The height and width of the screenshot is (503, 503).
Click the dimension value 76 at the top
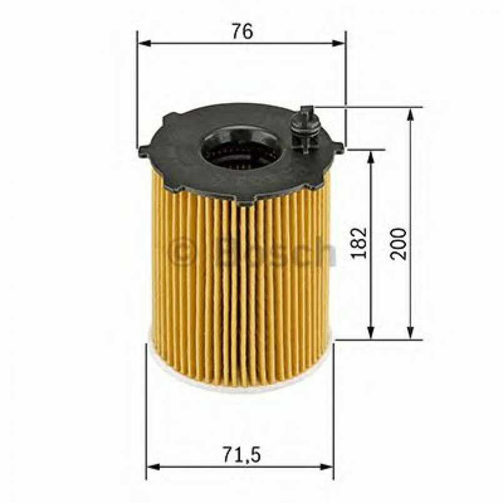241,32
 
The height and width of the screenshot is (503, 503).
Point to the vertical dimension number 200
401,244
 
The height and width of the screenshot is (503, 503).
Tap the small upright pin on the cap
305,128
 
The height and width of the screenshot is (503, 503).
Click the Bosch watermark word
275,252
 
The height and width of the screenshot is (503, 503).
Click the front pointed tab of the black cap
246,199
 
